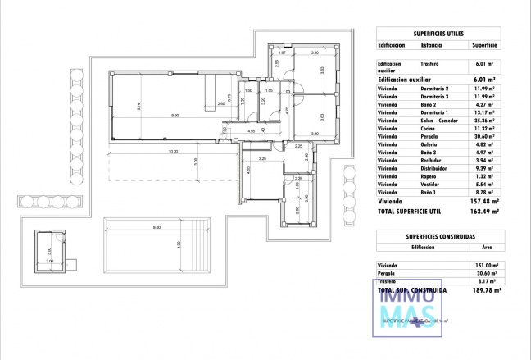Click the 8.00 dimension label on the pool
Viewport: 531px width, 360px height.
coord(156,227)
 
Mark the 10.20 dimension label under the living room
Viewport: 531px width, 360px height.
coord(173,151)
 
